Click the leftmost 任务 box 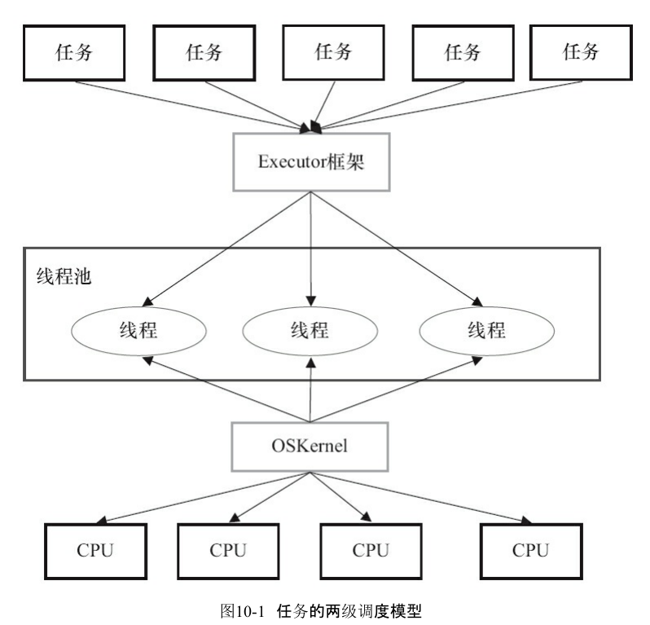pyautogui.click(x=74, y=53)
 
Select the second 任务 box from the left pyautogui.click(x=204, y=53)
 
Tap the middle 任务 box pyautogui.click(x=334, y=52)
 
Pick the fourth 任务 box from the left pyautogui.click(x=463, y=53)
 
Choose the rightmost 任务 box pyautogui.click(x=582, y=52)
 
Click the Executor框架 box pyautogui.click(x=311, y=161)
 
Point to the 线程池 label pyautogui.click(x=64, y=275)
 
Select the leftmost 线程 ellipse pyautogui.click(x=138, y=331)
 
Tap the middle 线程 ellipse pyautogui.click(x=310, y=331)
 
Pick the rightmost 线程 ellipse pyautogui.click(x=487, y=331)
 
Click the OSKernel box pyautogui.click(x=310, y=447)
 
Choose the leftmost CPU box pyautogui.click(x=96, y=551)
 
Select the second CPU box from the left pyautogui.click(x=228, y=551)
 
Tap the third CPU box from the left pyautogui.click(x=371, y=551)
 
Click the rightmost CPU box pyautogui.click(x=531, y=551)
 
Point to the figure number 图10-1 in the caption pyautogui.click(x=243, y=611)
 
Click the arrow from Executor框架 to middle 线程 pyautogui.click(x=311, y=249)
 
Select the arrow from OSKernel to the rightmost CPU pyautogui.click(x=421, y=498)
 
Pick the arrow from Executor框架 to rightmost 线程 pyautogui.click(x=397, y=249)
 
